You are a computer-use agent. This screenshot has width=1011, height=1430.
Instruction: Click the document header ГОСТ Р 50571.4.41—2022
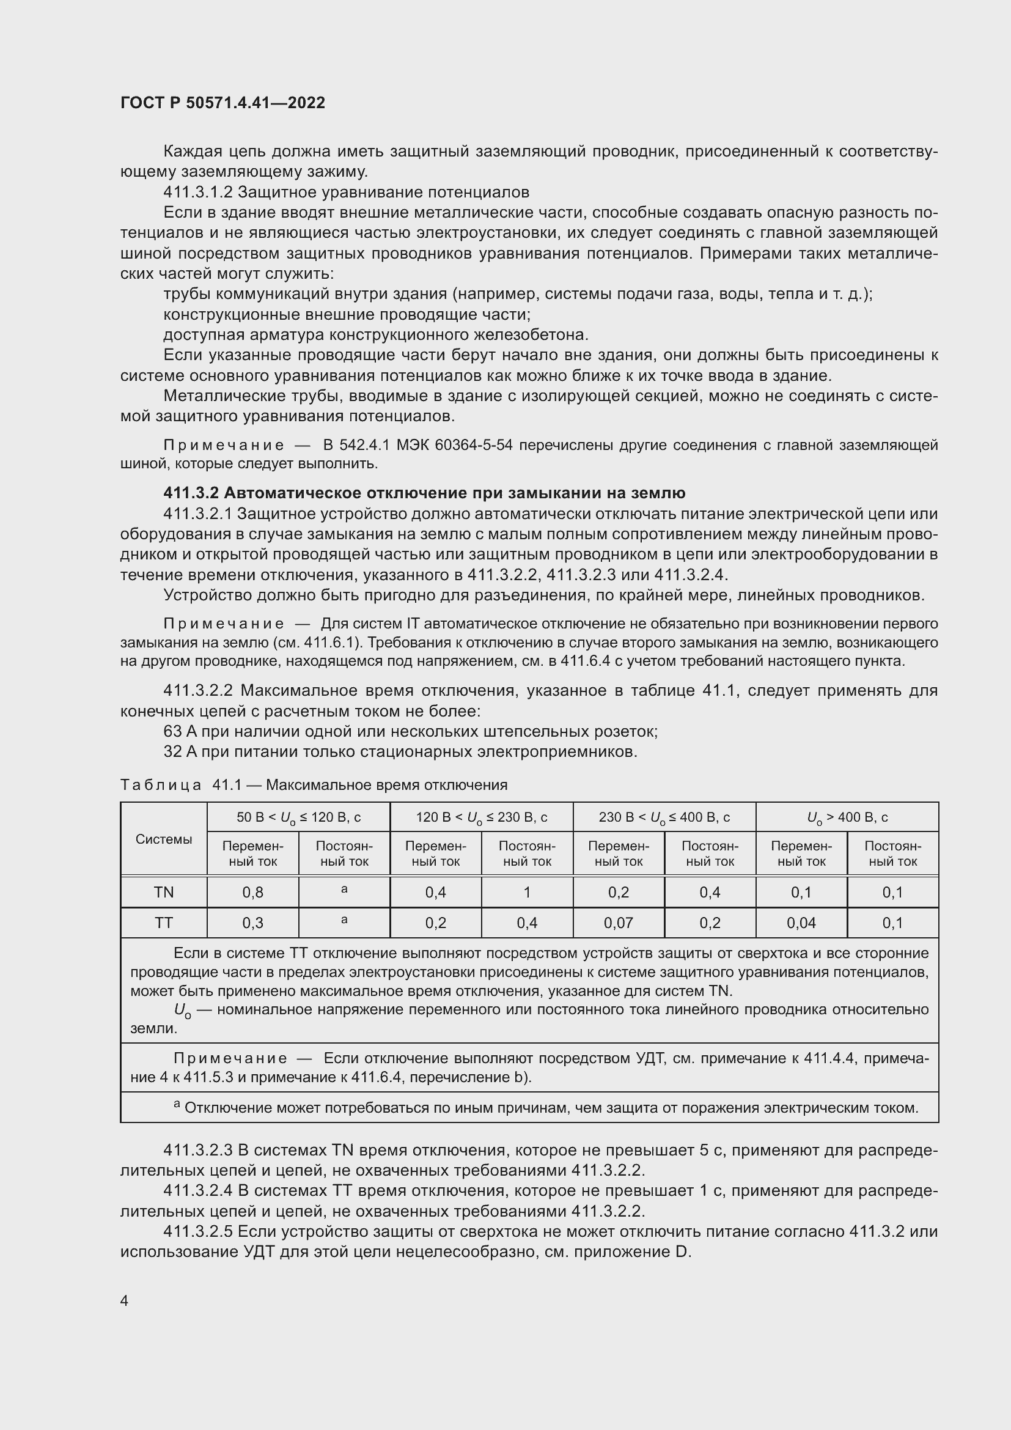click(x=222, y=103)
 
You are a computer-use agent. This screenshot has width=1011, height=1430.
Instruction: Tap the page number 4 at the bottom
click(x=125, y=1300)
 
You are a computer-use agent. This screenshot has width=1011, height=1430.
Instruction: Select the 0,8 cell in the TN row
click(x=253, y=893)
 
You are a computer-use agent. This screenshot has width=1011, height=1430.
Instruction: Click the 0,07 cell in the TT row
click(x=618, y=923)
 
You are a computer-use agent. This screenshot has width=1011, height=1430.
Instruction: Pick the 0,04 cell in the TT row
click(x=801, y=923)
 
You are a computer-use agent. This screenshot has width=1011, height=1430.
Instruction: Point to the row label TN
click(x=164, y=893)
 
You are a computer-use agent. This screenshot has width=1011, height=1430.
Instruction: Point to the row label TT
click(x=164, y=923)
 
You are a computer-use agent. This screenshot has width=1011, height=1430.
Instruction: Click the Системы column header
click(x=164, y=839)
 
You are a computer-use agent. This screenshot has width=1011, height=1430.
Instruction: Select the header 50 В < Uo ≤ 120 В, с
click(x=298, y=817)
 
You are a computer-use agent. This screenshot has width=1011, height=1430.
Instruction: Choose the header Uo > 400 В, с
click(x=847, y=817)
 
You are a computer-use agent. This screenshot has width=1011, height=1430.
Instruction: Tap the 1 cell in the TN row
click(x=527, y=893)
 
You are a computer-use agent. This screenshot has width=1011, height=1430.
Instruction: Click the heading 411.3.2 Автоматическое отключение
click(x=424, y=493)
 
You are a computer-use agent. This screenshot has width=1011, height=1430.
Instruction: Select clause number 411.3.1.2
click(x=197, y=192)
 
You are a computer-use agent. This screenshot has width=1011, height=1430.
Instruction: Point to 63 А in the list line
click(x=180, y=731)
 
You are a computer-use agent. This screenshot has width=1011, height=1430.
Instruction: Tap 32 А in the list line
click(x=180, y=752)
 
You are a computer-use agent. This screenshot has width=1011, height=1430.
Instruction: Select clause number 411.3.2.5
click(x=197, y=1231)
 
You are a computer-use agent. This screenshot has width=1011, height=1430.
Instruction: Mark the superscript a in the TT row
click(x=344, y=920)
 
